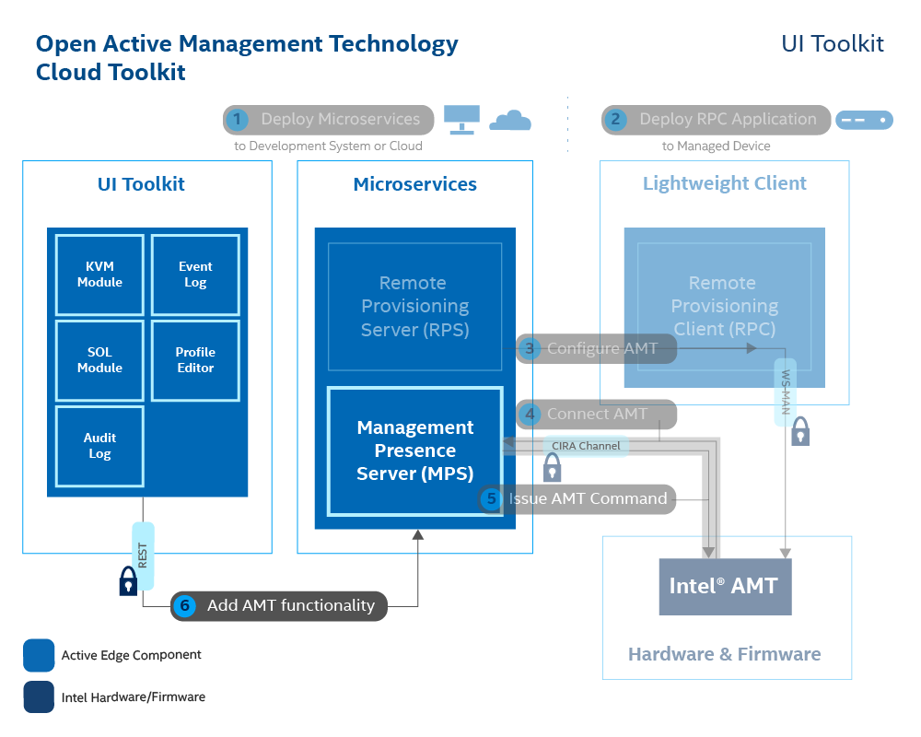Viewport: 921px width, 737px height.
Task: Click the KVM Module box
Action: click(x=99, y=275)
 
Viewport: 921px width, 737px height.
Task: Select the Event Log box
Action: click(x=195, y=275)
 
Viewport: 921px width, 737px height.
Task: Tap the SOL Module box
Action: click(x=99, y=360)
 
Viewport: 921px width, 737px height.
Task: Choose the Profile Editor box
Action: click(x=195, y=360)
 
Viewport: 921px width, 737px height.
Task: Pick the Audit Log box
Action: click(x=99, y=446)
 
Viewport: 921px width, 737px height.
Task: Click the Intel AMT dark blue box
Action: click(x=724, y=586)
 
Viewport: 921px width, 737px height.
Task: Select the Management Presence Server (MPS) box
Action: click(x=414, y=450)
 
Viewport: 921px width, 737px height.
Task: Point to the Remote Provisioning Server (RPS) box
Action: click(x=414, y=306)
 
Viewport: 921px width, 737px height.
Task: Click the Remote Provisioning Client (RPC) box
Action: click(x=724, y=306)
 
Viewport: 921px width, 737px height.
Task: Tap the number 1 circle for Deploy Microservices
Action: click(x=238, y=120)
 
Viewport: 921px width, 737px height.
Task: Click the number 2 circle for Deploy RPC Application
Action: click(x=616, y=120)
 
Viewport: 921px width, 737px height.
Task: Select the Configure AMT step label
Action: click(x=601, y=348)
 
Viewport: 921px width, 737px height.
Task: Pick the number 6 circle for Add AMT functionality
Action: click(x=185, y=605)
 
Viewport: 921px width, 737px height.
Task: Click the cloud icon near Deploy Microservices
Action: click(x=509, y=121)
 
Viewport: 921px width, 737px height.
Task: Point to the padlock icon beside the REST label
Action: click(x=128, y=580)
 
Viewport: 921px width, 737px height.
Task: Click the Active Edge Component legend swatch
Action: click(x=39, y=655)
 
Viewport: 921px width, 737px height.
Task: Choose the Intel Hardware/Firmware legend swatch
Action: click(x=39, y=697)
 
